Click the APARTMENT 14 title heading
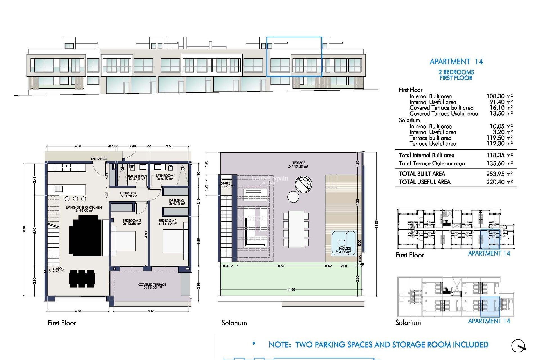point(456,62)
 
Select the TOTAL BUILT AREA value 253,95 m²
point(499,174)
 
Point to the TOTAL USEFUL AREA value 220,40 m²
point(499,182)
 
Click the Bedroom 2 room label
point(132,222)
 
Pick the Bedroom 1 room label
point(167,222)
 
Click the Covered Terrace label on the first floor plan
point(152,286)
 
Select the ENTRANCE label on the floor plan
point(99,159)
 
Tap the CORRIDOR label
point(128,195)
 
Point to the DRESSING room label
point(177,202)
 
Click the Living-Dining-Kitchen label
point(84,209)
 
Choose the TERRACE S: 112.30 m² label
point(298,165)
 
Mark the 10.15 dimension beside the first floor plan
point(24,229)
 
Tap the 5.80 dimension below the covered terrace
point(151,311)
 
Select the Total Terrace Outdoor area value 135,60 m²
point(499,163)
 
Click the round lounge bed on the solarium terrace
point(303,184)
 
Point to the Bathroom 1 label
point(166,177)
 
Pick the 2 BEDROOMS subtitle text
point(456,72)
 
